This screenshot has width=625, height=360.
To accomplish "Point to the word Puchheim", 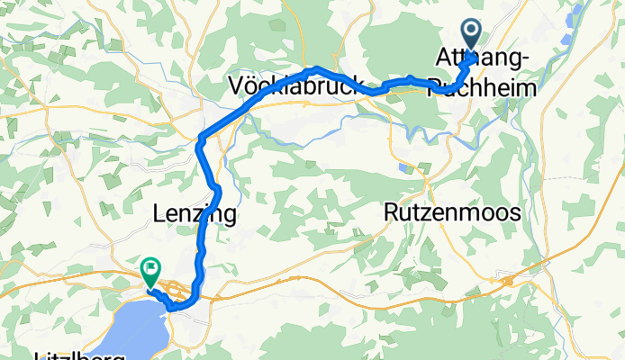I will (x=482, y=87).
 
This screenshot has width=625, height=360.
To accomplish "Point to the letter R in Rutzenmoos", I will (x=391, y=213).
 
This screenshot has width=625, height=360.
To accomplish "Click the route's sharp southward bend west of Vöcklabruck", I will (x=201, y=138).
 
